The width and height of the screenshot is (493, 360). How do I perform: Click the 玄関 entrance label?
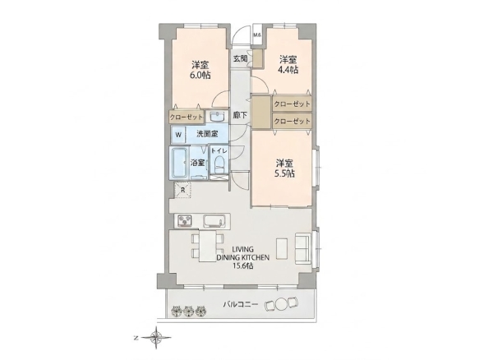coord(240,58)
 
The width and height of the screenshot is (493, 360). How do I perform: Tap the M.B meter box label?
coord(257,35)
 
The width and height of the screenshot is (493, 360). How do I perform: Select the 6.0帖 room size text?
coord(200,75)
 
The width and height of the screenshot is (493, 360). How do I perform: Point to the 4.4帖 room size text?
coord(288,69)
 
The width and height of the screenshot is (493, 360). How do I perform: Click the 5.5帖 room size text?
coord(284,173)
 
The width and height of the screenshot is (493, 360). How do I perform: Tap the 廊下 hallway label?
coord(240,115)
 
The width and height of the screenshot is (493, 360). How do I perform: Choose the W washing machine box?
coord(178,135)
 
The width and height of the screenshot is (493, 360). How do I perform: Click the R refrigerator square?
coord(182,190)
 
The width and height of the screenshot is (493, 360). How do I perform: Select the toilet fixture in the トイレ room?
coord(219,165)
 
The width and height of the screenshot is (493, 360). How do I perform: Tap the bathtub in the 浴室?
coord(179,164)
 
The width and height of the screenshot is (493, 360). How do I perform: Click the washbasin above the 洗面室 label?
coord(217,117)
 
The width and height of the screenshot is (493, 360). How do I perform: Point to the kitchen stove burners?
coord(185,220)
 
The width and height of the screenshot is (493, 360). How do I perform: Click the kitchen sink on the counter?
coord(215,221)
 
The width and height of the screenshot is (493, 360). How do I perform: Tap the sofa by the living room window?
coord(303,247)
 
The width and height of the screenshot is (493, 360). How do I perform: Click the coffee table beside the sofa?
coord(282,248)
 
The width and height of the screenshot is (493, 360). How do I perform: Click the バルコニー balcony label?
coord(241,304)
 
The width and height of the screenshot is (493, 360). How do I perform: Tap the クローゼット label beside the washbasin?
coord(187,118)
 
